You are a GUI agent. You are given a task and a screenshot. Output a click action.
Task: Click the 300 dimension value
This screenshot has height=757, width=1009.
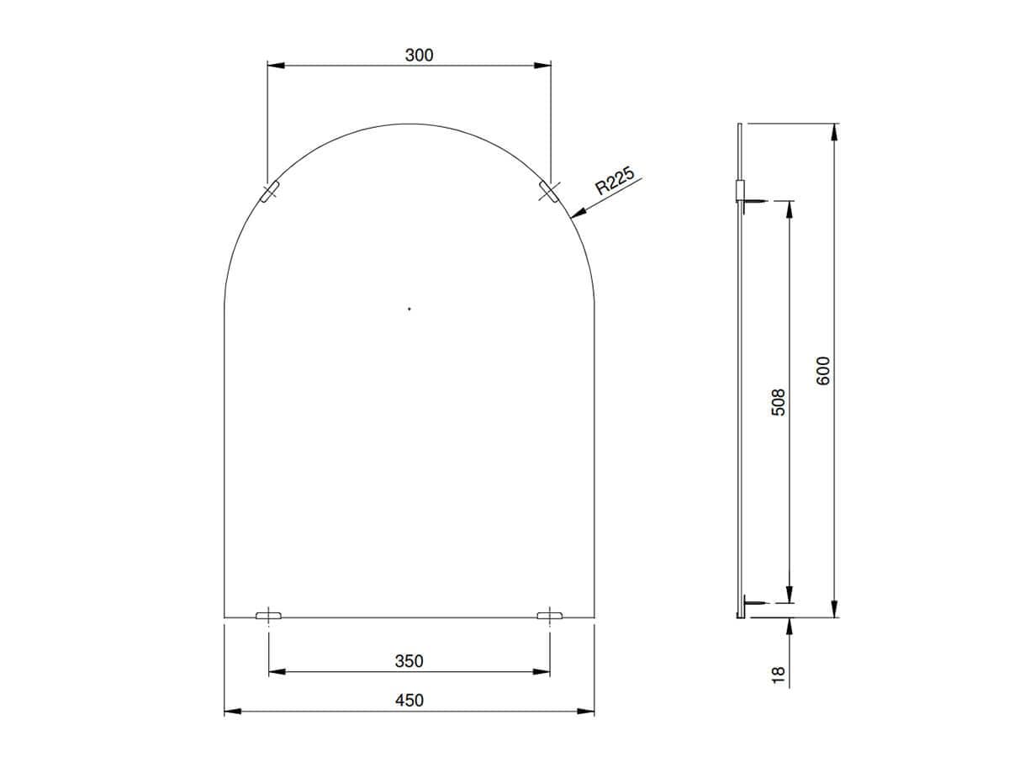coord(419,56)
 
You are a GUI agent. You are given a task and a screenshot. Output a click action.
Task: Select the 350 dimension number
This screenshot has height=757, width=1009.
coord(409,661)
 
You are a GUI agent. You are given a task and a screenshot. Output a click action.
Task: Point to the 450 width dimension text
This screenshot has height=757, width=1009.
coord(409,700)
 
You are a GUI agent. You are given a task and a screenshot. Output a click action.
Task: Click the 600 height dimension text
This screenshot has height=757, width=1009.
coord(823,370)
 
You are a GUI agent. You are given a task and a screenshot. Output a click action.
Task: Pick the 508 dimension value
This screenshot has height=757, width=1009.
coord(778,402)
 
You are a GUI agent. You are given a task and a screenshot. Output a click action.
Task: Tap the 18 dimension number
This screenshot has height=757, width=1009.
coord(778,675)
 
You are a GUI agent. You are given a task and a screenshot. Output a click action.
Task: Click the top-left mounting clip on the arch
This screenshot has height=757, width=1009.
coord(270,191)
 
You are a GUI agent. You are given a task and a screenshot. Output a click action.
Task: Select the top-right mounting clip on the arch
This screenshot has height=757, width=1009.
coord(549,191)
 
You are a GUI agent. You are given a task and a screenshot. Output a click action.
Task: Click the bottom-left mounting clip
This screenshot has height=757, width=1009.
coord(268,616)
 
